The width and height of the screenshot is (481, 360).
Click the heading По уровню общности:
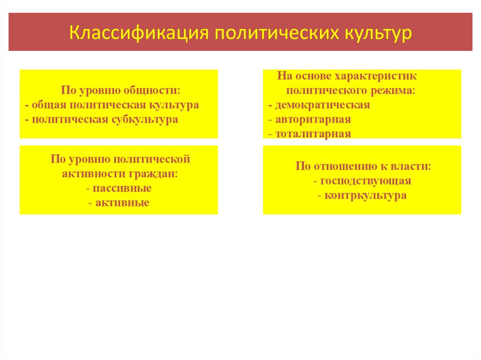(121, 91)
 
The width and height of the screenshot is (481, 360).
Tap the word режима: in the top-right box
(397, 90)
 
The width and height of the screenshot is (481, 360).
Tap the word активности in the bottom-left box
(91, 174)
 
